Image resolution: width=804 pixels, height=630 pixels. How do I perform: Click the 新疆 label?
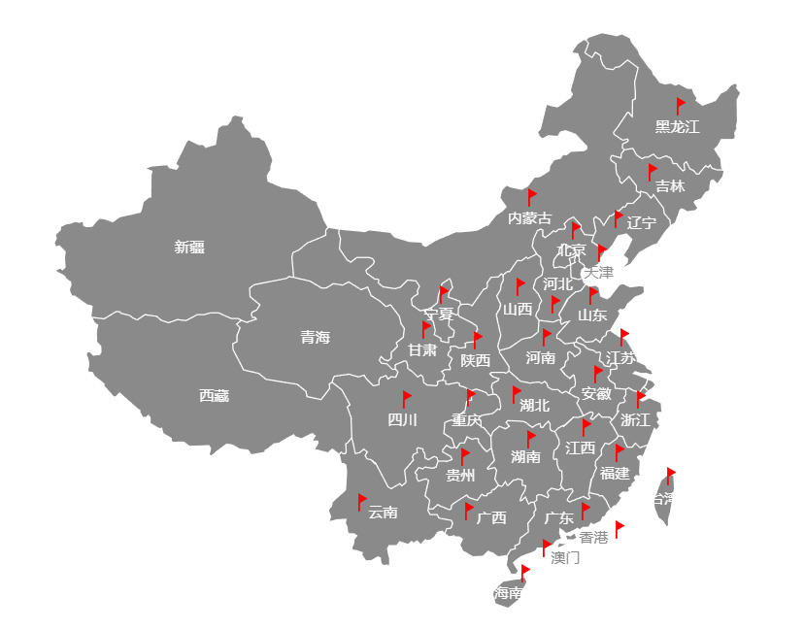[x=189, y=248]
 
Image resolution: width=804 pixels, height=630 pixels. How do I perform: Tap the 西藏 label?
[x=214, y=396]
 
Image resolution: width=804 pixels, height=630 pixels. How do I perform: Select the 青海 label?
[x=315, y=338]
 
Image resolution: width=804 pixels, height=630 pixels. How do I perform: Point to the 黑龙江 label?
[x=677, y=127]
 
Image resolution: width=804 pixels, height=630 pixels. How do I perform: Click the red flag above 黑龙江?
[x=681, y=105]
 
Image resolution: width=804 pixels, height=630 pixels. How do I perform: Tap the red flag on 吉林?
[x=653, y=171]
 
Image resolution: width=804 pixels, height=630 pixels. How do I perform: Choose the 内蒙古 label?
[x=529, y=218]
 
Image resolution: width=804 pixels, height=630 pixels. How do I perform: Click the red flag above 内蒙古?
[x=531, y=196]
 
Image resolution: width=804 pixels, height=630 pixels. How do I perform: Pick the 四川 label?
[x=402, y=420]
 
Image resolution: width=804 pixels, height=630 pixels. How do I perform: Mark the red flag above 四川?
[x=407, y=398]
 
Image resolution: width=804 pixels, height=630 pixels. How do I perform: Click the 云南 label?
[x=383, y=513]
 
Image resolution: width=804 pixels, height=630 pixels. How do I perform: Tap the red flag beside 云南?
[x=361, y=501]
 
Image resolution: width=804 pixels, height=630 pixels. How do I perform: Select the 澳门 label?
[x=565, y=558]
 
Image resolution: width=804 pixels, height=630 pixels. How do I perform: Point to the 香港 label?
[x=593, y=537]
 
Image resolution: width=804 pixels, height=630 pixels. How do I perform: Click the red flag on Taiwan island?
[x=670, y=475]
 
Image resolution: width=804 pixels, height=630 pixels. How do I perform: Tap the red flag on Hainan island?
[x=524, y=572]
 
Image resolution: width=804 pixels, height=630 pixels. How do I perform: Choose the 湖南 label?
[x=525, y=457]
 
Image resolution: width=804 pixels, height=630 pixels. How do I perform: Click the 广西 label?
[x=491, y=518]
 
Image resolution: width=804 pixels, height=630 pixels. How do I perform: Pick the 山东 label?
[x=592, y=315]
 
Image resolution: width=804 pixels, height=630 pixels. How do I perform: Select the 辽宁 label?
[x=642, y=223]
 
